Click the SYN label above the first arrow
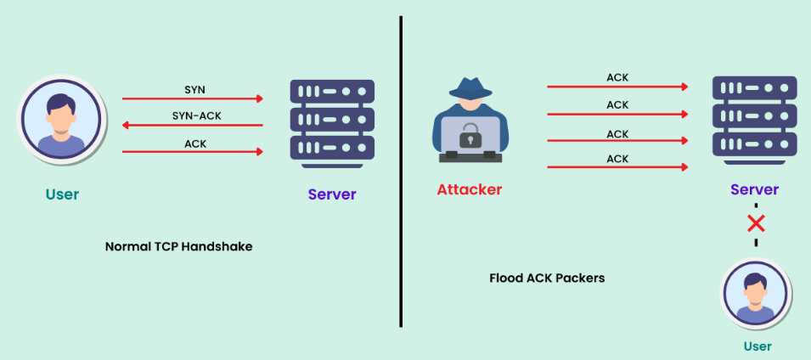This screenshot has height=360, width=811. (x=194, y=89)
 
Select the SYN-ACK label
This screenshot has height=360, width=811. (x=194, y=116)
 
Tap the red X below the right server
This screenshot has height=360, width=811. (x=755, y=224)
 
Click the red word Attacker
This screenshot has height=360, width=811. (x=469, y=189)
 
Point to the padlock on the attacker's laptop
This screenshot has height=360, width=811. (x=470, y=135)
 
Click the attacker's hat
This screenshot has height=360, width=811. (x=470, y=89)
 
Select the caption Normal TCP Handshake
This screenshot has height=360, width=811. (x=178, y=247)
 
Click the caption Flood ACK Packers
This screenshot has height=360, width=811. (x=547, y=278)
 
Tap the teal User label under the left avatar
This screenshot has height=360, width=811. (x=62, y=194)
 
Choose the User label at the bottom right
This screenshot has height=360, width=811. (x=757, y=346)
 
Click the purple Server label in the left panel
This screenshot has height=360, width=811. (x=332, y=194)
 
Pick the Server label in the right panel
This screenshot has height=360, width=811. (x=754, y=190)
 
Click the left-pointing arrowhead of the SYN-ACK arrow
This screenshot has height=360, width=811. (x=127, y=125)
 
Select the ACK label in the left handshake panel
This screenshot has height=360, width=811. (x=194, y=143)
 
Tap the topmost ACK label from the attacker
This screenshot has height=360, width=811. (x=617, y=78)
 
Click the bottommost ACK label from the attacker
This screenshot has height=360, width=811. (x=617, y=159)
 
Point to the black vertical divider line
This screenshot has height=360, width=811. (x=400, y=170)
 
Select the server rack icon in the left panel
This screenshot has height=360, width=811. (x=332, y=119)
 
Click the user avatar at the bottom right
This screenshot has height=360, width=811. (x=755, y=294)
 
